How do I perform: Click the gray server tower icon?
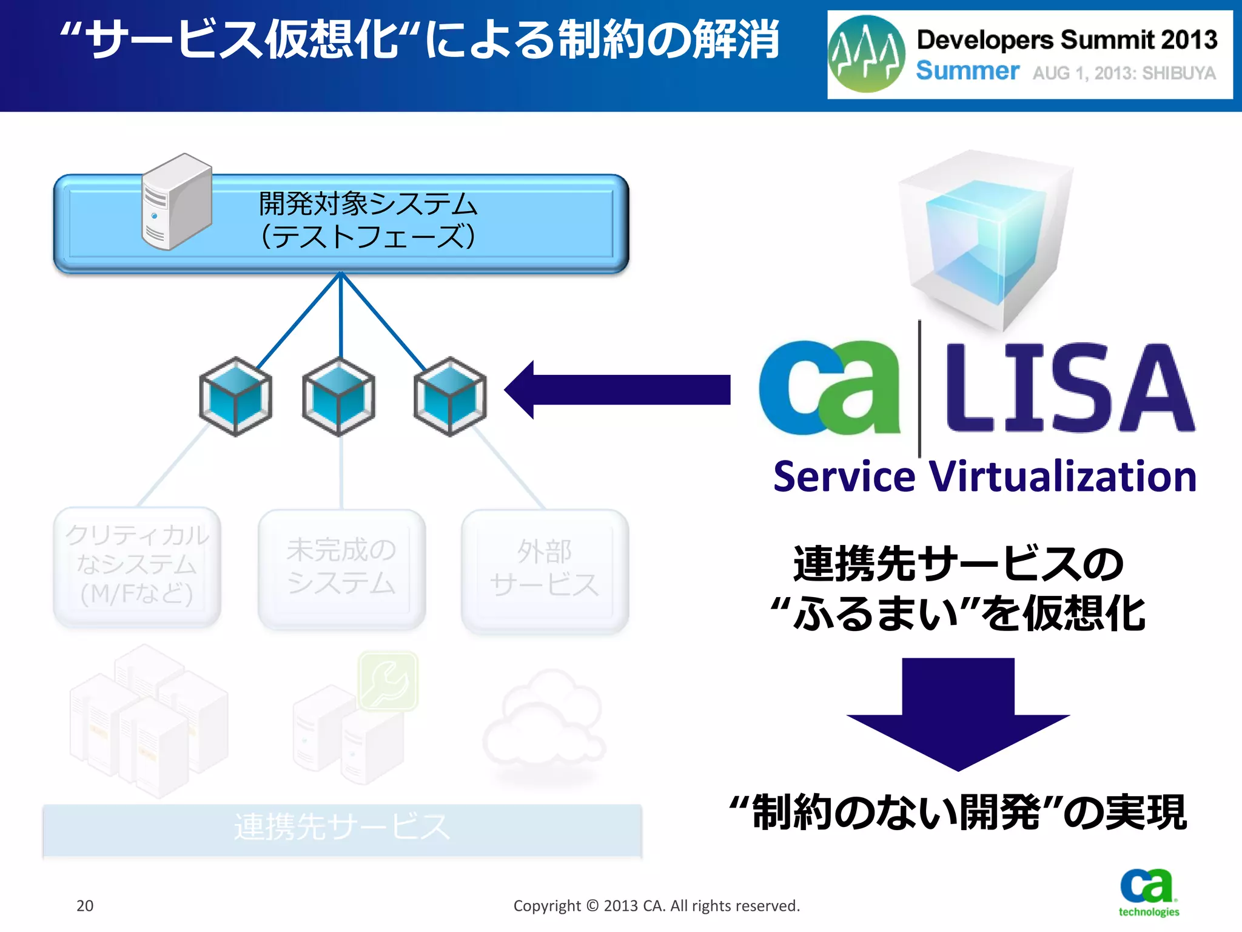point(176,202)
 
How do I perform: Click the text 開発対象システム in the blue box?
point(368,203)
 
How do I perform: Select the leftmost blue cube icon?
point(235,396)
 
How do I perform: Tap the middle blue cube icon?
point(339,396)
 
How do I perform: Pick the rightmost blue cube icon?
point(450,396)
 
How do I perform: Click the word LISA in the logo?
point(1069,388)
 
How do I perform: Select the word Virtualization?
point(1062,477)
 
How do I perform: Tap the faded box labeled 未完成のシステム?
point(341,568)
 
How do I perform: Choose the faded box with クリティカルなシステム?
point(137,566)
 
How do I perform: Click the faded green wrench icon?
point(388,680)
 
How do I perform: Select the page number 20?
point(85,905)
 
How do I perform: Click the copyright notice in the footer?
point(657,905)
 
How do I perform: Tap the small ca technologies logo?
point(1148,892)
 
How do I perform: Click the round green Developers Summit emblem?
point(867,55)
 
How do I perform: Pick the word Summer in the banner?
point(967,71)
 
